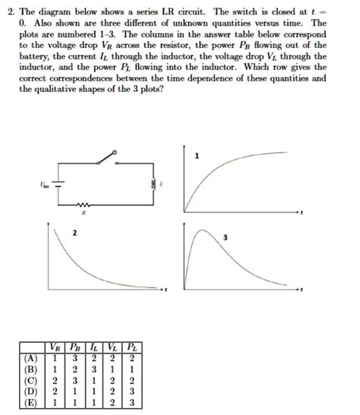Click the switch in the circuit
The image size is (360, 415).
point(106,158)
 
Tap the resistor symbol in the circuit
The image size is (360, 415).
point(84,206)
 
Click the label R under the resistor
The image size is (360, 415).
point(84,215)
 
